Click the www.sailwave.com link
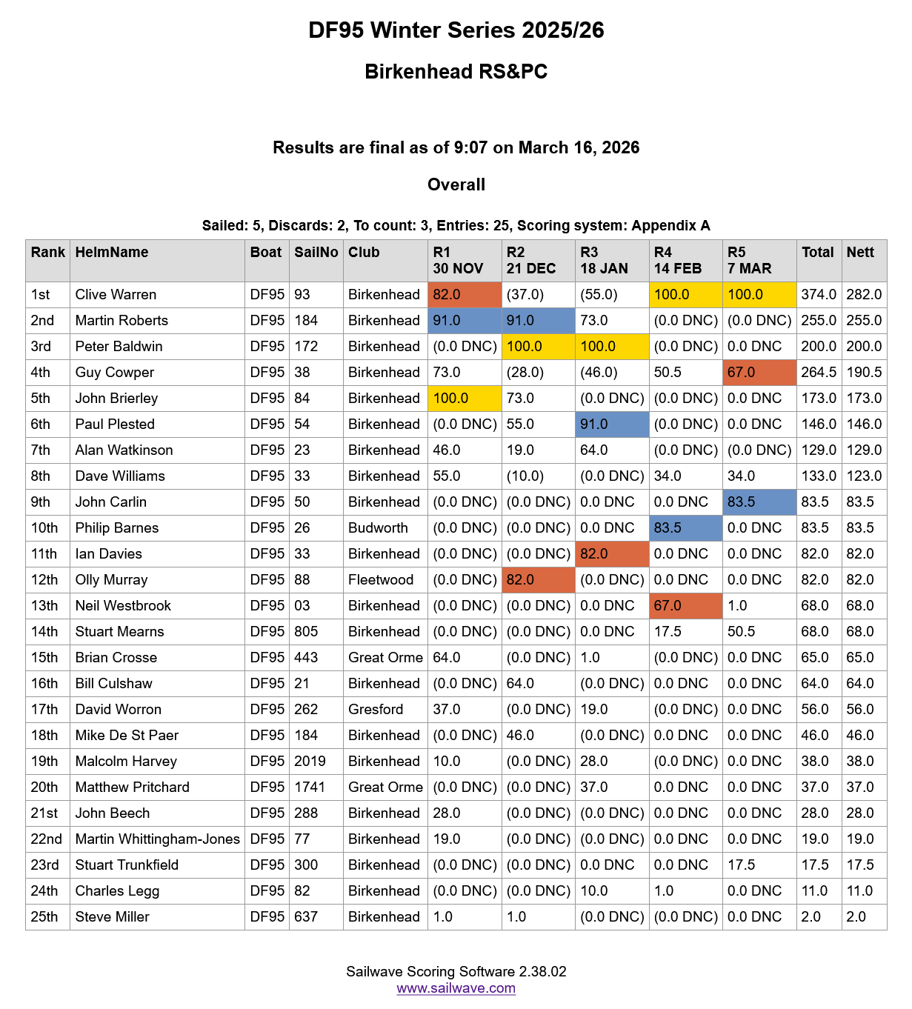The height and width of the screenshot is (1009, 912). point(456,988)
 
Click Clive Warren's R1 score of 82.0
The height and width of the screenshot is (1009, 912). point(465,295)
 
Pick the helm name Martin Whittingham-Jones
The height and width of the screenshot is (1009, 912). point(157,839)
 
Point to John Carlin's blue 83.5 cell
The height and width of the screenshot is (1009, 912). point(759,502)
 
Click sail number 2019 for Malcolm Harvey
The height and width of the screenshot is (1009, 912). point(310,762)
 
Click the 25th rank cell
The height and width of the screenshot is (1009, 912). point(44,917)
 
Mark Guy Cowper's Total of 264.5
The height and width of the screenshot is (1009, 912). point(818,373)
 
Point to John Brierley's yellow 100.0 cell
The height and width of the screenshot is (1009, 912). point(465,399)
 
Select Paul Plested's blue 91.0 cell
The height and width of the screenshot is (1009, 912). point(612,424)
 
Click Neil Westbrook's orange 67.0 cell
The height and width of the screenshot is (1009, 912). point(685,606)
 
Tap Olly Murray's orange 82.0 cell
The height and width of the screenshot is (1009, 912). point(538,580)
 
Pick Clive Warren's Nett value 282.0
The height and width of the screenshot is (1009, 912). point(864,295)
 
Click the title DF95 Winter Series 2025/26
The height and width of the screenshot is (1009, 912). point(456,30)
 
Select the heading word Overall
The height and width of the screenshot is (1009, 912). point(456,185)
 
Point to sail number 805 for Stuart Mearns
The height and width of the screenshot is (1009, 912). point(306,632)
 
